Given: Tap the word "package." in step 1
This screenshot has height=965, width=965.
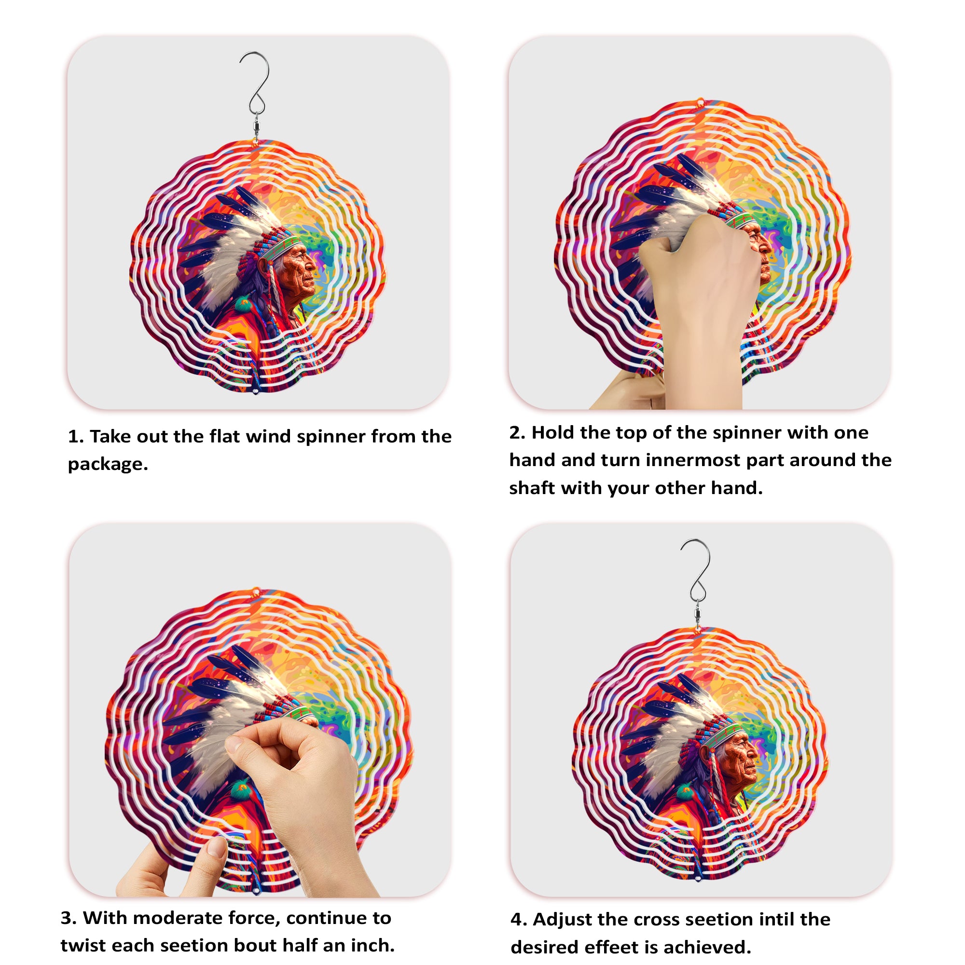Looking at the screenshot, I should pyautogui.click(x=108, y=464).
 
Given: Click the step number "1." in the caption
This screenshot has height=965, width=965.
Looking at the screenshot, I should pyautogui.click(x=75, y=437).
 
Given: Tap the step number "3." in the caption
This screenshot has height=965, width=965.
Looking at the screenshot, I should pyautogui.click(x=69, y=918).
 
